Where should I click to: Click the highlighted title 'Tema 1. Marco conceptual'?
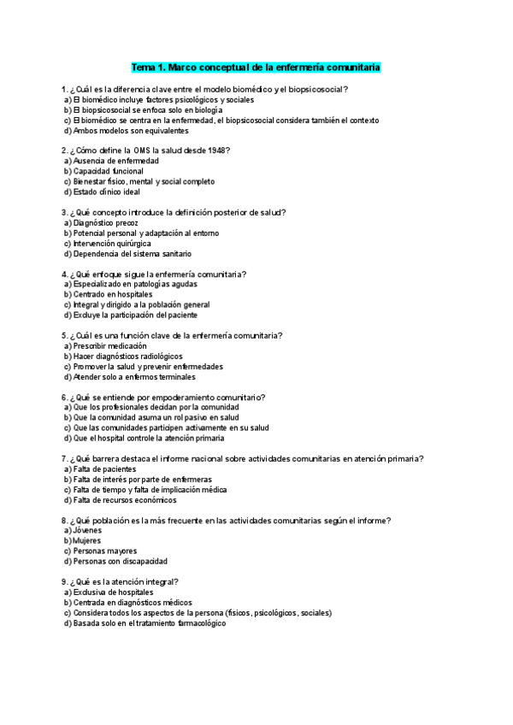(256, 67)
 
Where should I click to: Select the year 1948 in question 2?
(217, 150)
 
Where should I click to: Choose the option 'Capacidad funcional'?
(109, 171)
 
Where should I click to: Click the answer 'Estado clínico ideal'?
(107, 192)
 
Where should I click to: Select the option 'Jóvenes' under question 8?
(88, 530)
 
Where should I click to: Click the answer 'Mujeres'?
(88, 540)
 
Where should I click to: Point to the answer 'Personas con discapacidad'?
(120, 561)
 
